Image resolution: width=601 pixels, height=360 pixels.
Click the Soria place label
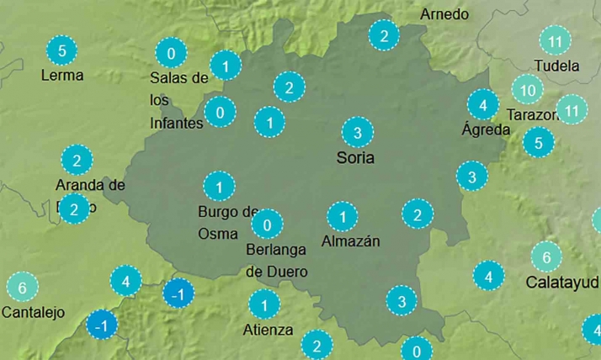pos(354,157)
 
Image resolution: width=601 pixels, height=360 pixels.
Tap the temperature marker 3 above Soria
pos(358,132)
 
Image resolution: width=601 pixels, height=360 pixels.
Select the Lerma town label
pos(62,75)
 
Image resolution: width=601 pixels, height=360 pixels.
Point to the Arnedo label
pos(444,14)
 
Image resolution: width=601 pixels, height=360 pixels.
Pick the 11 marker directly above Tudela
pos(555,40)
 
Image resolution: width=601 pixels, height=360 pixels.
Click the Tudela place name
pos(556,65)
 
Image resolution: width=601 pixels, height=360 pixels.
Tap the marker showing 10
pos(527,89)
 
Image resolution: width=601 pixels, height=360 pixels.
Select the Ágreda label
pos(486,130)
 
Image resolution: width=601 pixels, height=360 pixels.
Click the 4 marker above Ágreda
pos(482,104)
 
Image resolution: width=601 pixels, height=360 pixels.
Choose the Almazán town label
pos(351,241)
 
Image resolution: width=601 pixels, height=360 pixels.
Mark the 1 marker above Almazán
pos(342,217)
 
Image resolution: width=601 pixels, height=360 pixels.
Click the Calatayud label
pos(562,282)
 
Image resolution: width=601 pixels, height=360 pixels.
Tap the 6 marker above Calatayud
pos(546,257)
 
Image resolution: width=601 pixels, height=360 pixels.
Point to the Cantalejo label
pos(34,312)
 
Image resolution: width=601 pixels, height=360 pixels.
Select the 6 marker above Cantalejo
pos(23,288)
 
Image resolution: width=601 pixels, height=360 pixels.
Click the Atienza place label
pos(268,329)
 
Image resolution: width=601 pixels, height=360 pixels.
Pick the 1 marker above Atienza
pos(264,304)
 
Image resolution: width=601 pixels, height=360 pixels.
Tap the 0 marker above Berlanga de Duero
pos(267,224)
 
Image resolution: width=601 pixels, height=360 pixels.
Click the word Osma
pos(218,233)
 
